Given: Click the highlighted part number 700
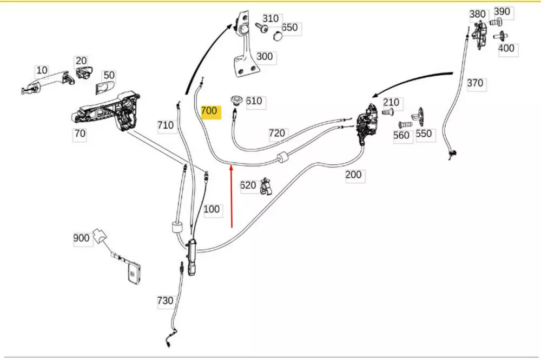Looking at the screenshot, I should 209,112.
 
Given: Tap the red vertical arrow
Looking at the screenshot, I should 232,197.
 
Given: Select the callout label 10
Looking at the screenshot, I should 42,71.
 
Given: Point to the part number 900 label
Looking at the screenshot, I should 81,238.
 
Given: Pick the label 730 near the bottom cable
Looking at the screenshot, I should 164,301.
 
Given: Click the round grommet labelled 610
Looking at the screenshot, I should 236,100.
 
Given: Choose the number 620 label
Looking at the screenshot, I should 248,185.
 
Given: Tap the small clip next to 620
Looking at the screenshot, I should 265,186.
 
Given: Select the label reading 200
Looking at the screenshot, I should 354,175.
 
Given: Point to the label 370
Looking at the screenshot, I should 475,83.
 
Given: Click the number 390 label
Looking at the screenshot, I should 502,12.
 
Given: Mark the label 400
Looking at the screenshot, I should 506,48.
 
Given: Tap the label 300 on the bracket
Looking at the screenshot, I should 265,57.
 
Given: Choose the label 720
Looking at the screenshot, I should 277,133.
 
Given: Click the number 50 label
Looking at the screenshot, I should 109,76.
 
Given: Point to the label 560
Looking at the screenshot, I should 401,136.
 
